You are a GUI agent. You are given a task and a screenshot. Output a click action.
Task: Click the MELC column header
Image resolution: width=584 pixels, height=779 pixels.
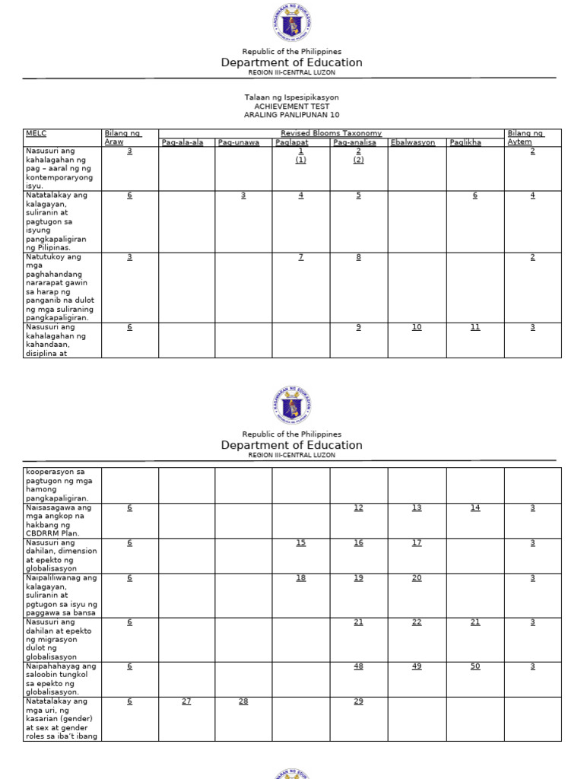pyautogui.click(x=36, y=133)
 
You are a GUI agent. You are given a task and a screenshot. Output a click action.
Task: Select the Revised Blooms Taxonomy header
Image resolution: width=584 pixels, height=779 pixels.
pyautogui.click(x=331, y=133)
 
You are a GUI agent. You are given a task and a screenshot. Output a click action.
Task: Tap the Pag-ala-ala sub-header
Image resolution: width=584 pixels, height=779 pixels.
pyautogui.click(x=182, y=142)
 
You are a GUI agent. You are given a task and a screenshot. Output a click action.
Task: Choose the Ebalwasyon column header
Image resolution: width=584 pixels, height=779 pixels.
pyautogui.click(x=413, y=142)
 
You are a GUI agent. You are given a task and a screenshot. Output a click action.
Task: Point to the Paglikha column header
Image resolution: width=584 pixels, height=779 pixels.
pyautogui.click(x=465, y=142)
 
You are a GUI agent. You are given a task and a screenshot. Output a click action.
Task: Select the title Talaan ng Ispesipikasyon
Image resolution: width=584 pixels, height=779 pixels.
pyautogui.click(x=292, y=97)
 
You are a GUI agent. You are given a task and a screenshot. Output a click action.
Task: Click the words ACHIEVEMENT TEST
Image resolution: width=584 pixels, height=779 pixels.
pyautogui.click(x=292, y=107)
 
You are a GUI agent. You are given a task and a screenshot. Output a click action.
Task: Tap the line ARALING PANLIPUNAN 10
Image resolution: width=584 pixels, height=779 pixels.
pyautogui.click(x=292, y=115)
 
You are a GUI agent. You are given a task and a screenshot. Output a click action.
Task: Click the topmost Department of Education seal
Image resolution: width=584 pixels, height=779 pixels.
pyautogui.click(x=292, y=23)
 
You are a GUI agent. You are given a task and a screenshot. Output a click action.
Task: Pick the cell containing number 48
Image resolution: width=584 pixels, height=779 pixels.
pyautogui.click(x=358, y=666)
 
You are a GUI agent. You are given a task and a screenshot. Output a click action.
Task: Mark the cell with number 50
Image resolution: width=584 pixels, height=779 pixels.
pyautogui.click(x=475, y=666)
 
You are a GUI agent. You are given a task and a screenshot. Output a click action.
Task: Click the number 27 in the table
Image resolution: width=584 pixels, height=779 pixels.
pyautogui.click(x=186, y=701)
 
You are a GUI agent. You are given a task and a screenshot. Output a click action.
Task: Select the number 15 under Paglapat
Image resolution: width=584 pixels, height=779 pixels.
pyautogui.click(x=301, y=542)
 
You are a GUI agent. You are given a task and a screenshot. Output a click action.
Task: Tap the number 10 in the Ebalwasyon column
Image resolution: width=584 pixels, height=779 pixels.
pyautogui.click(x=417, y=327)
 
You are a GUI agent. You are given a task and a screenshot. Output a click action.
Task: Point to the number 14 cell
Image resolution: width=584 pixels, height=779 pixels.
pyautogui.click(x=475, y=507)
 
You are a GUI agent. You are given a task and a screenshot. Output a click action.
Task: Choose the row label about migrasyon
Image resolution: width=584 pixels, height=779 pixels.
pyautogui.click(x=60, y=639)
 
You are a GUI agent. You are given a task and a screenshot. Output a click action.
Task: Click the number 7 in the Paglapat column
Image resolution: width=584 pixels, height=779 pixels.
pyautogui.click(x=301, y=257)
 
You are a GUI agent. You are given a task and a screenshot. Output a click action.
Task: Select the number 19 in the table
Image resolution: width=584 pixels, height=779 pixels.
pyautogui.click(x=358, y=578)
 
